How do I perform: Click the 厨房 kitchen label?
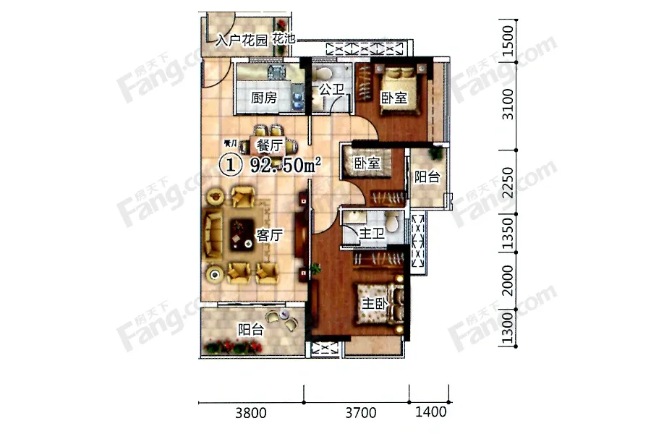263,98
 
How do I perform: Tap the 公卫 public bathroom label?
331,89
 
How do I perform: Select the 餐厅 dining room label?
270,146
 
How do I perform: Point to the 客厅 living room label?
270,236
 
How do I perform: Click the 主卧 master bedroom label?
375,304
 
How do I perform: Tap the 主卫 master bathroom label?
372,233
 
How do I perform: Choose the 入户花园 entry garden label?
242,41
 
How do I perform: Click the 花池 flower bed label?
284,38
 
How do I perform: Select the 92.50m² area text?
285,165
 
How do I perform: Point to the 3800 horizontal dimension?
251,413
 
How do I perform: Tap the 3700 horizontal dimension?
361,413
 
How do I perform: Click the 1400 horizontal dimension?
431,412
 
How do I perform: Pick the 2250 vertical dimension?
508,183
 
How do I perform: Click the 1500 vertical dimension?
508,41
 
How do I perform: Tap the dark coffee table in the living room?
242,234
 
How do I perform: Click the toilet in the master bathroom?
392,223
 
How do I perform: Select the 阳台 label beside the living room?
251,329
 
